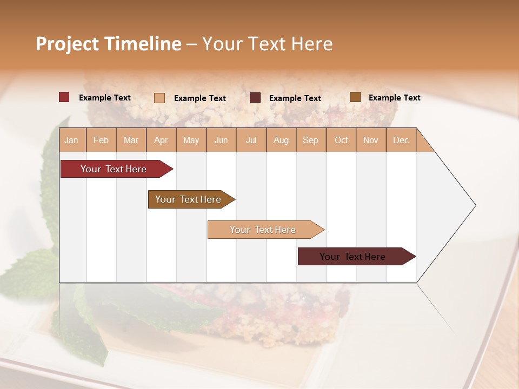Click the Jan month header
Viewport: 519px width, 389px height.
click(x=72, y=140)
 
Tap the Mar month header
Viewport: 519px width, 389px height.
click(x=131, y=140)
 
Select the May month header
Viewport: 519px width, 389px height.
click(x=191, y=140)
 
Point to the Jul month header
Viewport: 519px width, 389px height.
click(x=251, y=140)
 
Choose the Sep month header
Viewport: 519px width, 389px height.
click(x=310, y=140)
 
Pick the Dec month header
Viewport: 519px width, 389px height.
click(x=401, y=140)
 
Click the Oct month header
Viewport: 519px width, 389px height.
click(x=341, y=140)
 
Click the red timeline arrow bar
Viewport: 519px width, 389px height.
click(x=114, y=169)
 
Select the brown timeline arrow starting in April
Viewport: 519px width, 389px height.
click(x=189, y=199)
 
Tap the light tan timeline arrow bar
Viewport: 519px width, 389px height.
click(x=263, y=230)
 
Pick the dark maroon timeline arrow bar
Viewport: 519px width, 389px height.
click(x=353, y=257)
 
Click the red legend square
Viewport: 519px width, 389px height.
click(x=64, y=97)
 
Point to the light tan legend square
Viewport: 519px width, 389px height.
click(x=159, y=98)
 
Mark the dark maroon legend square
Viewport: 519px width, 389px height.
click(x=255, y=98)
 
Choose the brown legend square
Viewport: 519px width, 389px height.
click(x=355, y=97)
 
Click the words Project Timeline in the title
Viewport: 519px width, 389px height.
click(x=109, y=44)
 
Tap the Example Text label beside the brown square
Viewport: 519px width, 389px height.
click(x=394, y=98)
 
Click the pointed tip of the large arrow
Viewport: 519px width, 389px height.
click(x=474, y=205)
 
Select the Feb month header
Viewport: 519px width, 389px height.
click(x=101, y=140)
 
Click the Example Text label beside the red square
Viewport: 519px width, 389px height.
click(x=105, y=98)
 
